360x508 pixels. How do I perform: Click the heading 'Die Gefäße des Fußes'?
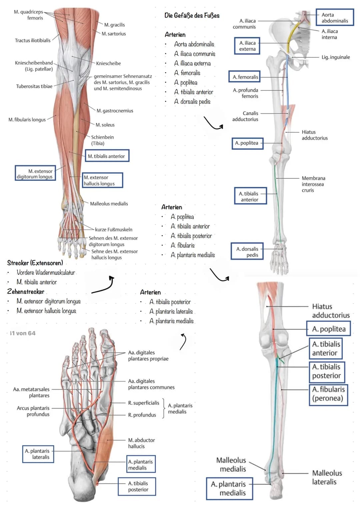192,15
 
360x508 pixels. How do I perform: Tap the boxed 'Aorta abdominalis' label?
335,18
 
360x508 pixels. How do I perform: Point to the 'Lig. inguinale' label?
336,57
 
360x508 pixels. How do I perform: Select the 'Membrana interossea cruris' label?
313,184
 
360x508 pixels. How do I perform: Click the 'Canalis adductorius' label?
245,116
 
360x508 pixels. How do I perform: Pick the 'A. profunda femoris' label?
246,93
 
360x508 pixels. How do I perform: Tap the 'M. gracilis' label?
114,25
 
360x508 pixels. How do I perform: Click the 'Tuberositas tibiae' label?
34,86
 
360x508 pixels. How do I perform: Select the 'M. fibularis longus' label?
27,120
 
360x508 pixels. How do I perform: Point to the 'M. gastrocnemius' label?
115,111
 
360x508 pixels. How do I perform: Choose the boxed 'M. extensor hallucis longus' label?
103,180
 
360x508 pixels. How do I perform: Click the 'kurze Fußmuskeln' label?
114,230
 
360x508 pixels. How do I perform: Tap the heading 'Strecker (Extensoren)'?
35,263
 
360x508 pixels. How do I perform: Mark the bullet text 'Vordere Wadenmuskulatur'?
46,272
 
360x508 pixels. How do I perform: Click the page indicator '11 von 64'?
23,333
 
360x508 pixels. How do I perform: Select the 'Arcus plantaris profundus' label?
33,411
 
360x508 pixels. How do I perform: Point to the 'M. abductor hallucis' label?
141,443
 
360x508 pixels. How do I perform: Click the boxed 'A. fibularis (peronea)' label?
328,394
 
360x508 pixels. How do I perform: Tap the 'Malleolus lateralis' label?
327,477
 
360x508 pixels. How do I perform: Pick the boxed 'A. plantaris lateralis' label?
38,454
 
